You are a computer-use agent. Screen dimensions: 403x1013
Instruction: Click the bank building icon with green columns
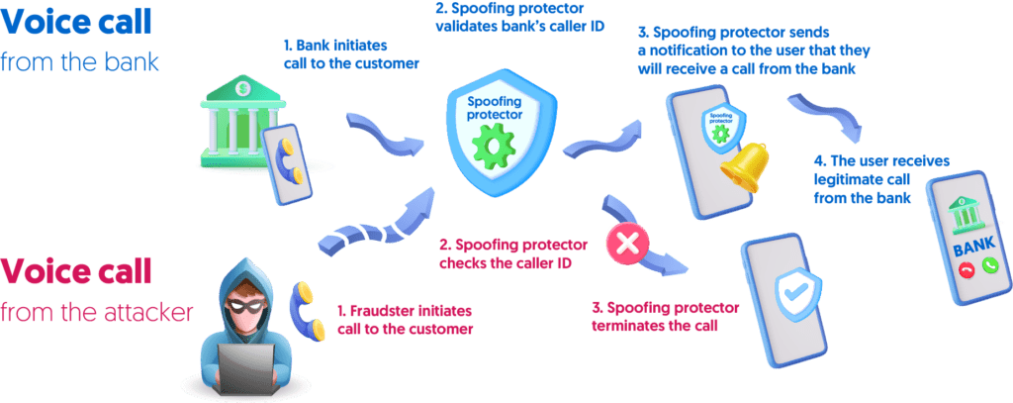(235, 123)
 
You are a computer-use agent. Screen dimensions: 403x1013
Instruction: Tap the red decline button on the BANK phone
(967, 269)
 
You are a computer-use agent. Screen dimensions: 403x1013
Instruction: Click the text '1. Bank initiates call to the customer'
(351, 53)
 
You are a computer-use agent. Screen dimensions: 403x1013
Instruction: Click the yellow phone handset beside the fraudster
(301, 297)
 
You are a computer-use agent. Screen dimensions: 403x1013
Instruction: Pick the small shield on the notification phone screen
(715, 127)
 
